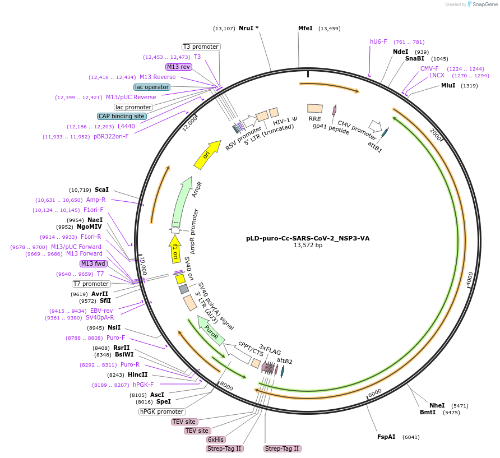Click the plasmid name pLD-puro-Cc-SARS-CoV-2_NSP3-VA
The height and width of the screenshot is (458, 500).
click(308, 238)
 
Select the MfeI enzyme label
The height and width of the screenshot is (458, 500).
click(305, 28)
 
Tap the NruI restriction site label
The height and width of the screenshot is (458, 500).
click(246, 28)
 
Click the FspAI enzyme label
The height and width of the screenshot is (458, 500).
click(386, 437)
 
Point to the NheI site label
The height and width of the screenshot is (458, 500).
click(437, 405)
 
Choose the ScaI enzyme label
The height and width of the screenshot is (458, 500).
click(101, 189)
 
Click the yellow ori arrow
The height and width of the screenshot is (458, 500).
click(207, 154)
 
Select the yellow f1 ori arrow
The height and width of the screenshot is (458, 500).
click(175, 249)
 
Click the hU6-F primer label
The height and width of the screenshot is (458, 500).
click(378, 41)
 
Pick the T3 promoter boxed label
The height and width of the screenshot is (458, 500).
click(201, 47)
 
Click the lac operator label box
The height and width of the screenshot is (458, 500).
click(152, 87)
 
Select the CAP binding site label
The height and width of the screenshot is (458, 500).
click(122, 116)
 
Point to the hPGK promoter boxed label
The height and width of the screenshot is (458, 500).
click(162, 411)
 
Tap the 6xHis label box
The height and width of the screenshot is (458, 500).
click(216, 440)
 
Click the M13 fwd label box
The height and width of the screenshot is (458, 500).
click(93, 263)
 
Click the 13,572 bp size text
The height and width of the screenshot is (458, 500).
click(308, 245)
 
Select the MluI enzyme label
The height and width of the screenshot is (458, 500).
click(448, 85)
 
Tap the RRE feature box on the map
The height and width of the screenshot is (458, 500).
click(314, 108)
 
